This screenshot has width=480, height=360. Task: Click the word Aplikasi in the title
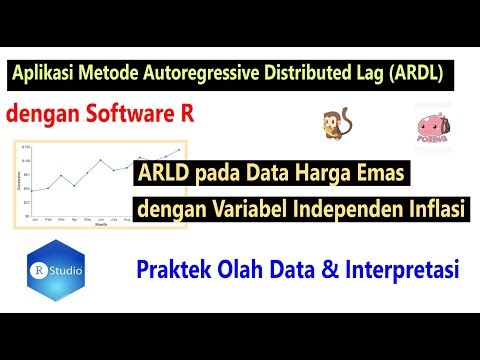click(x=46, y=74)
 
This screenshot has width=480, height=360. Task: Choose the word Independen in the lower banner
click(x=345, y=210)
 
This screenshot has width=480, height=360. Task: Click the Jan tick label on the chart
click(x=35, y=218)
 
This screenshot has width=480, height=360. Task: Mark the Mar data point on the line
click(x=62, y=176)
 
